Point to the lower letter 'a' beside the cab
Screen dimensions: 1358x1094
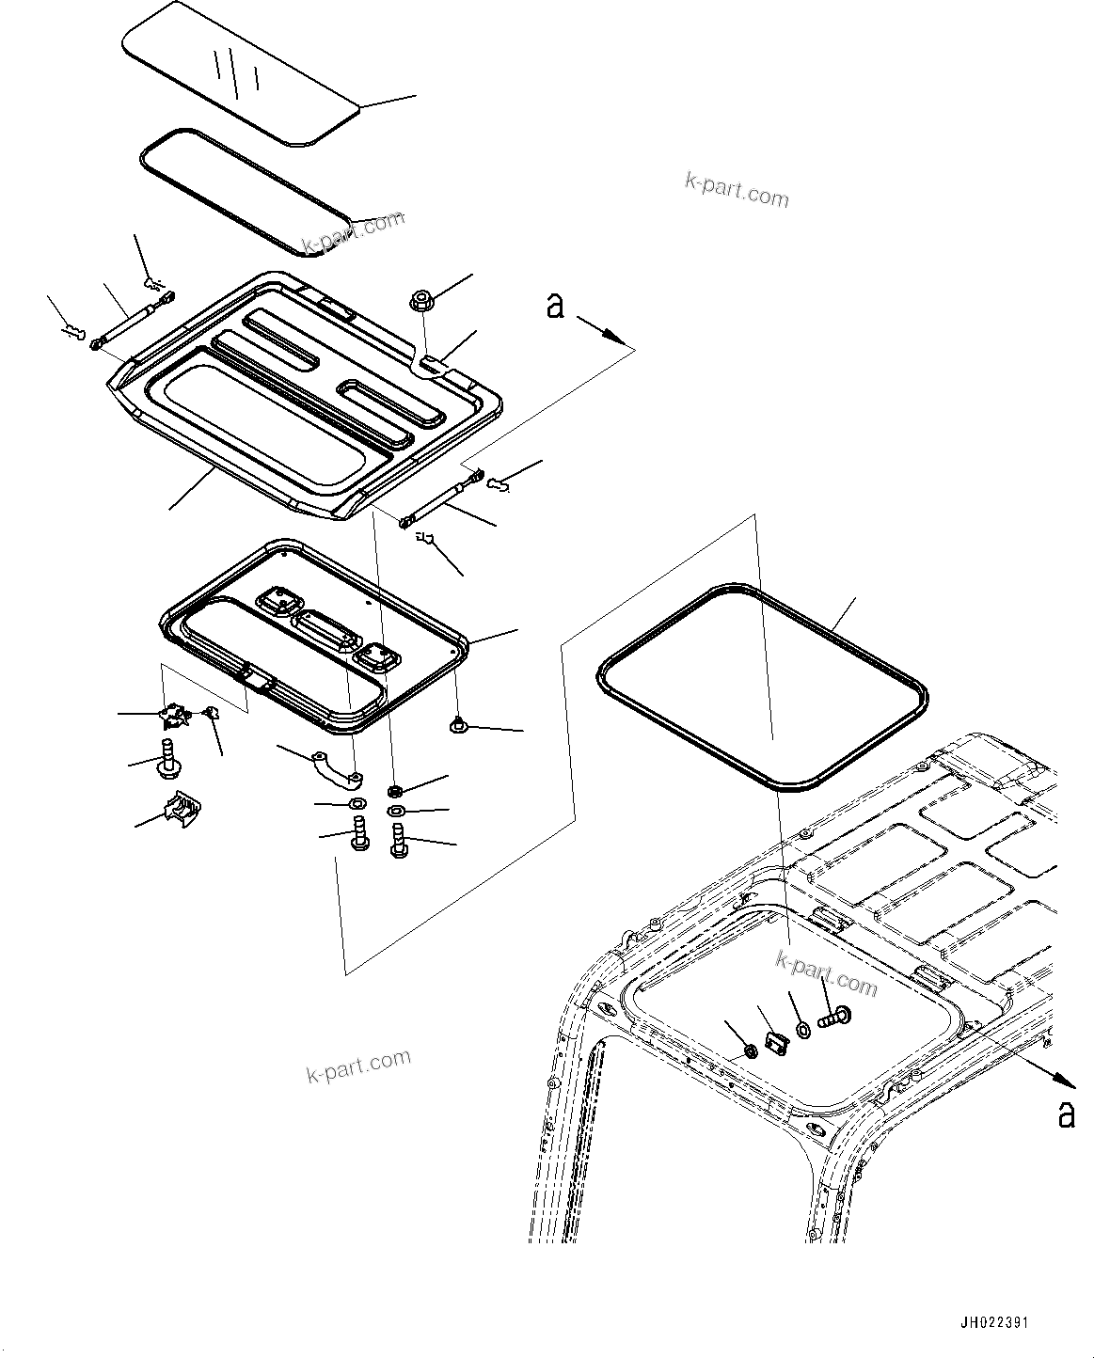(x=1066, y=1113)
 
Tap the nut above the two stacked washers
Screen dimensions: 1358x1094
(x=395, y=789)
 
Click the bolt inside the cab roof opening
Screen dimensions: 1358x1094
(x=832, y=1016)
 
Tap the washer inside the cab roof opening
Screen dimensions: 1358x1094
(x=802, y=1032)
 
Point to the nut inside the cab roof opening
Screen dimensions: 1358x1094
(x=751, y=1050)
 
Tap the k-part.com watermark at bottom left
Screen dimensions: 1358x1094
(x=358, y=1067)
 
